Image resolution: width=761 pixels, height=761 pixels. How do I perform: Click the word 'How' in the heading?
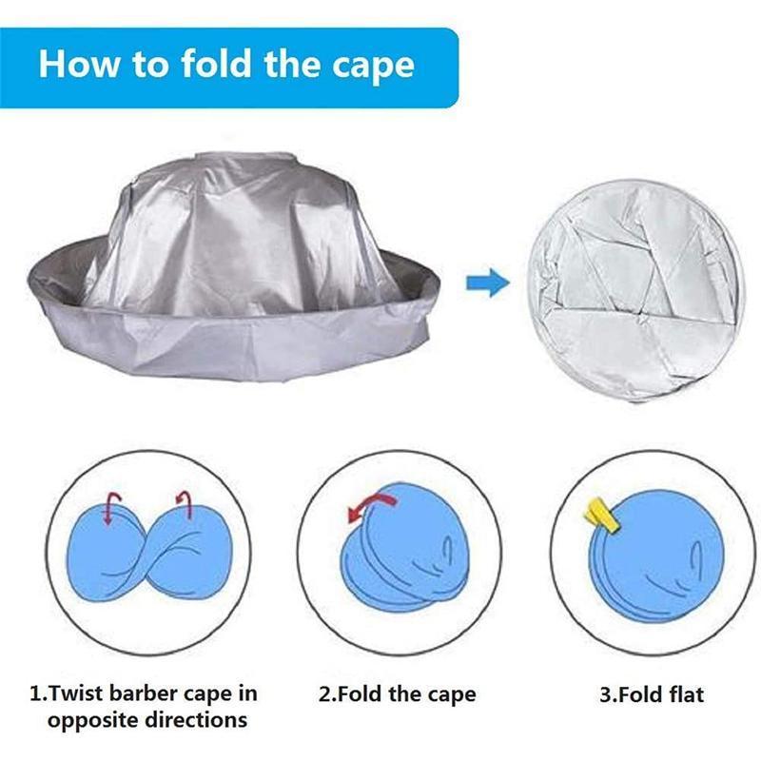(78, 64)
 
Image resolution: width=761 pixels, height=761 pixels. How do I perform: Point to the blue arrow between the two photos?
(488, 282)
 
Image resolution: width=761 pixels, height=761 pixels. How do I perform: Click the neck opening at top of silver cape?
(245, 158)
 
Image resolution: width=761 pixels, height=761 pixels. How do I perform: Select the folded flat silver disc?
(635, 291)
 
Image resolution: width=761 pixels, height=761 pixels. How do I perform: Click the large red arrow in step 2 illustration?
(370, 506)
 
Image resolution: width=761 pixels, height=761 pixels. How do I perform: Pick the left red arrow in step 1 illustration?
(112, 508)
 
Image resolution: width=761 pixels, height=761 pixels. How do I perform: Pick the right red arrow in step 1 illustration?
(184, 505)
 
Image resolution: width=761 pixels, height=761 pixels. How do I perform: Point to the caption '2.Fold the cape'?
(397, 694)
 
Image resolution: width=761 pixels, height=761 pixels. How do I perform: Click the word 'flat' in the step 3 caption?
(686, 694)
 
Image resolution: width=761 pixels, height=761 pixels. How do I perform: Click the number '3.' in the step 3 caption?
(607, 694)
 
